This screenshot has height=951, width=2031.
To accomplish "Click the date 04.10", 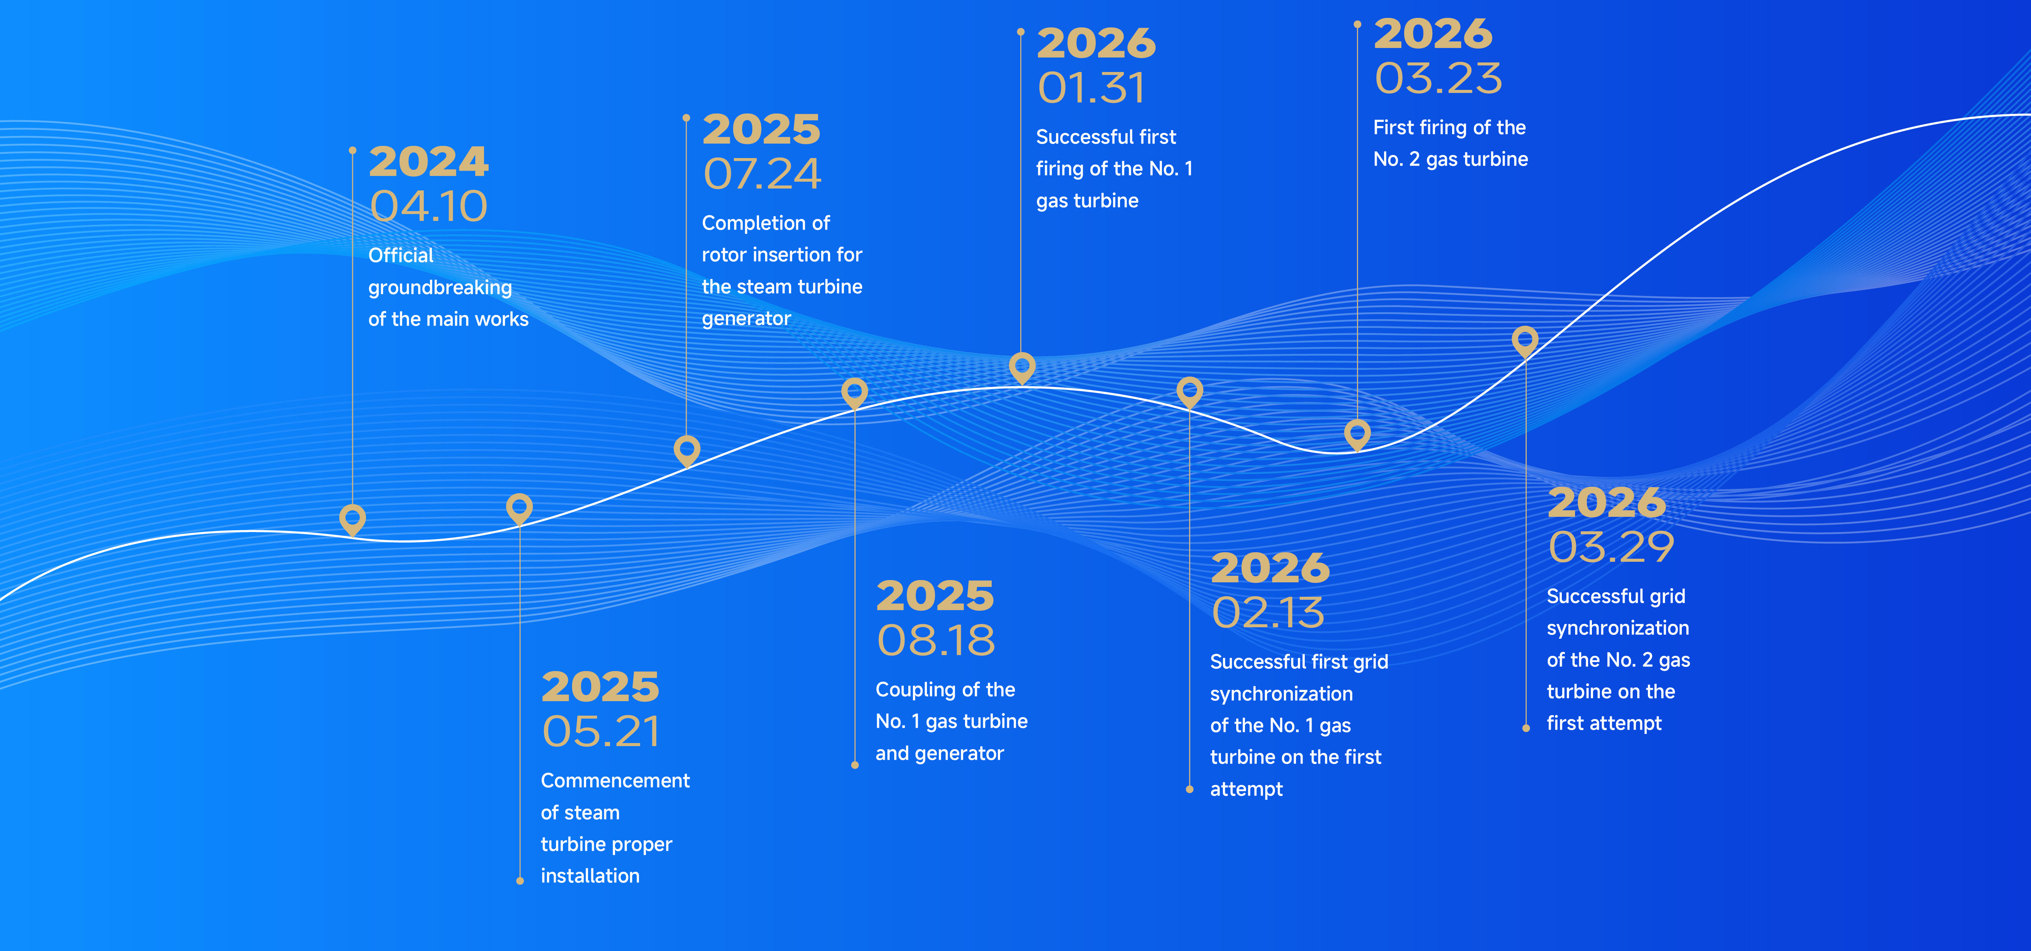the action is (x=429, y=206).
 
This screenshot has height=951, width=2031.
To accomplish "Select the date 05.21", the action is (x=601, y=732).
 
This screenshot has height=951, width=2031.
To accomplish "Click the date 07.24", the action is (x=762, y=174).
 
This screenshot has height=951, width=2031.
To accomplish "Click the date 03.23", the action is (x=1438, y=79).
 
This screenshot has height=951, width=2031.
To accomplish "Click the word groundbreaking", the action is (x=440, y=288).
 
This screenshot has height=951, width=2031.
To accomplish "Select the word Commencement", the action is (x=615, y=781).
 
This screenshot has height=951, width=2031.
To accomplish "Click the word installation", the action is (x=590, y=876).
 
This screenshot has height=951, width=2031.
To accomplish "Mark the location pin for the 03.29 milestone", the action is (x=1525, y=342).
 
